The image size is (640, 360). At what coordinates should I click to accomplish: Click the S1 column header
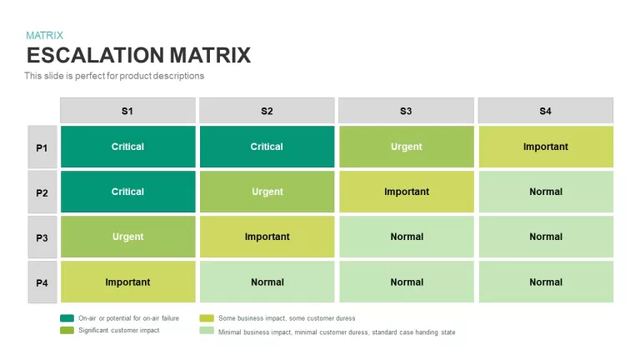point(127,111)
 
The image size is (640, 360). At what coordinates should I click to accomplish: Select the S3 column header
point(406,111)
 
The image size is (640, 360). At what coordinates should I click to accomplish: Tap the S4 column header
point(546,111)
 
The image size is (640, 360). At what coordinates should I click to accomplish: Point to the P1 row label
point(42,147)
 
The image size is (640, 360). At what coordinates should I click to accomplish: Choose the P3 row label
point(42,237)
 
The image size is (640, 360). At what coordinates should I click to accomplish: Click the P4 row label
point(42,282)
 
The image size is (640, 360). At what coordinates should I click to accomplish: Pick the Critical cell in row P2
point(127,192)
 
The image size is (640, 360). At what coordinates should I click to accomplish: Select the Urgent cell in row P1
point(407,147)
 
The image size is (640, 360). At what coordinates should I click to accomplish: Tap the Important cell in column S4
point(546,147)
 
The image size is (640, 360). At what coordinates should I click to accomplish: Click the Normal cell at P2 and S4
point(546,192)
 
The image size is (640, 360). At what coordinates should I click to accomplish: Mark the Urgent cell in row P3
point(127,237)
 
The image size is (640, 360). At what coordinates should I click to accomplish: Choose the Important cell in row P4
point(127,282)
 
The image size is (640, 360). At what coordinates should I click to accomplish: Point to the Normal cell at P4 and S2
point(267,282)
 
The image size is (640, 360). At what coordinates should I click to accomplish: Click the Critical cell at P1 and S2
point(267,147)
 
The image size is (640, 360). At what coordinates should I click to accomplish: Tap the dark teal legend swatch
point(67,318)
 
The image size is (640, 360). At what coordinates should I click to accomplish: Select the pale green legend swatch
point(207,330)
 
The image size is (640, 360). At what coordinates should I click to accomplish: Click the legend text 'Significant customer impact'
point(119,330)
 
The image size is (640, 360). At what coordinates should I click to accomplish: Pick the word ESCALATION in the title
point(96,56)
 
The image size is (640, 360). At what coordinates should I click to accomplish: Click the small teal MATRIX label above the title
point(44,36)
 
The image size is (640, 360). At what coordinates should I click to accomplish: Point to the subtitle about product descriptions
point(114,76)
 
